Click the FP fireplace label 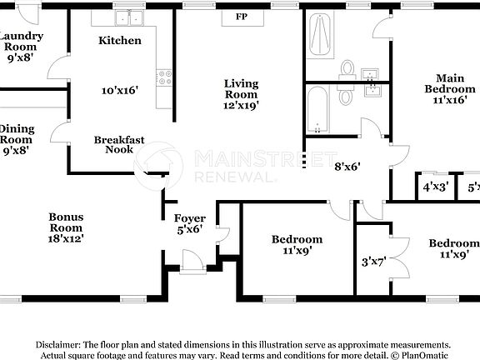(x=242, y=17)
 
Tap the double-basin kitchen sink (x=129, y=17)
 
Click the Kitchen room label (x=120, y=40)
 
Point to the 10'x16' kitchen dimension (x=120, y=89)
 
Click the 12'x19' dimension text (x=242, y=105)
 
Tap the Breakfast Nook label (x=119, y=145)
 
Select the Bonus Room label (x=65, y=222)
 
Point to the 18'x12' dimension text (x=65, y=237)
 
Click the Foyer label (x=190, y=219)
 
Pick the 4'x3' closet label (x=435, y=187)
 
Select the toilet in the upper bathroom (x=348, y=67)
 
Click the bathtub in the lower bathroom (x=318, y=110)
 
